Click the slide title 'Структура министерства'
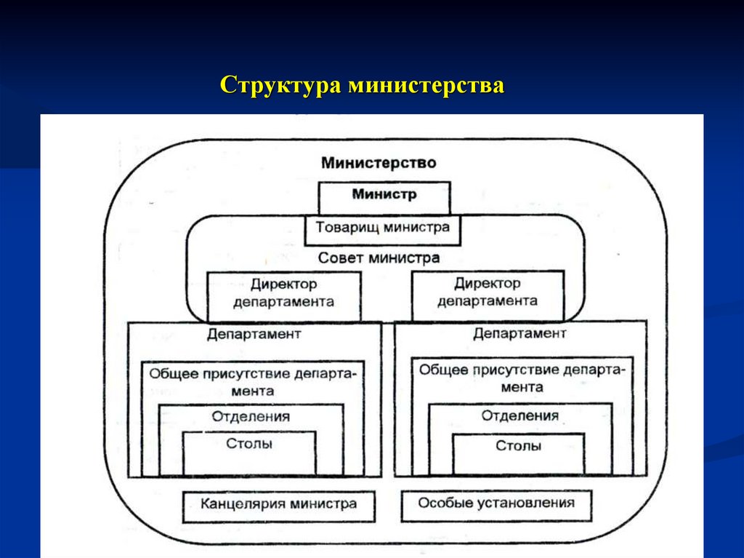(x=362, y=85)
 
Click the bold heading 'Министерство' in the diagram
(x=379, y=162)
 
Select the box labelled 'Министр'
(x=384, y=195)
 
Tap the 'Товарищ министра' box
(x=382, y=227)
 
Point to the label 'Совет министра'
(x=379, y=258)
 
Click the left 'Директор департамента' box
(x=283, y=292)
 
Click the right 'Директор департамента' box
(x=487, y=292)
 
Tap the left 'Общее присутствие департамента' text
(x=253, y=382)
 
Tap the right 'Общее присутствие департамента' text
(x=521, y=378)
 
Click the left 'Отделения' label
(x=251, y=417)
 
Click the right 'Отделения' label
(x=519, y=416)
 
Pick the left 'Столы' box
(x=249, y=451)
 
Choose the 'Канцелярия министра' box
(x=279, y=503)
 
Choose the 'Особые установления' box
(x=496, y=503)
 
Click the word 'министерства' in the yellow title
(x=426, y=85)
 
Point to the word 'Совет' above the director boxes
(x=341, y=258)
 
